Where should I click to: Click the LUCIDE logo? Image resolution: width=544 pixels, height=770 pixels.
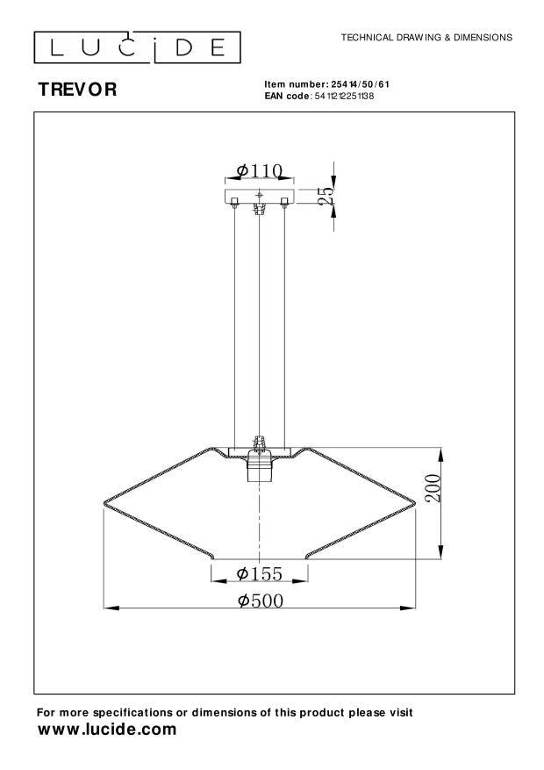(x=137, y=47)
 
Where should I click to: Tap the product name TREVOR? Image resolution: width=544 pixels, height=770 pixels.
(x=77, y=90)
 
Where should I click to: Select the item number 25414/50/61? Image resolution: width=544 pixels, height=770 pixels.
(x=360, y=84)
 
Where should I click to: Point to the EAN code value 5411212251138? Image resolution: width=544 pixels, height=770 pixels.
(x=343, y=97)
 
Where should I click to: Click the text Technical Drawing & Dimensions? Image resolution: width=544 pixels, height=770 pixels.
(x=426, y=38)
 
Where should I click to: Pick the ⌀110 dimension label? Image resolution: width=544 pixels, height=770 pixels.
(x=260, y=170)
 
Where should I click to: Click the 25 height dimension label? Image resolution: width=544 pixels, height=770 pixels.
(x=327, y=196)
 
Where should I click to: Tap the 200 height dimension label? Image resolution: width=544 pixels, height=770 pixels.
(x=433, y=487)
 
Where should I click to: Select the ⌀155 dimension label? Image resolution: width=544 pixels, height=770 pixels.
(x=260, y=573)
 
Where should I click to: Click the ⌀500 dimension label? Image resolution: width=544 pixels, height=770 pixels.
(x=261, y=601)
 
